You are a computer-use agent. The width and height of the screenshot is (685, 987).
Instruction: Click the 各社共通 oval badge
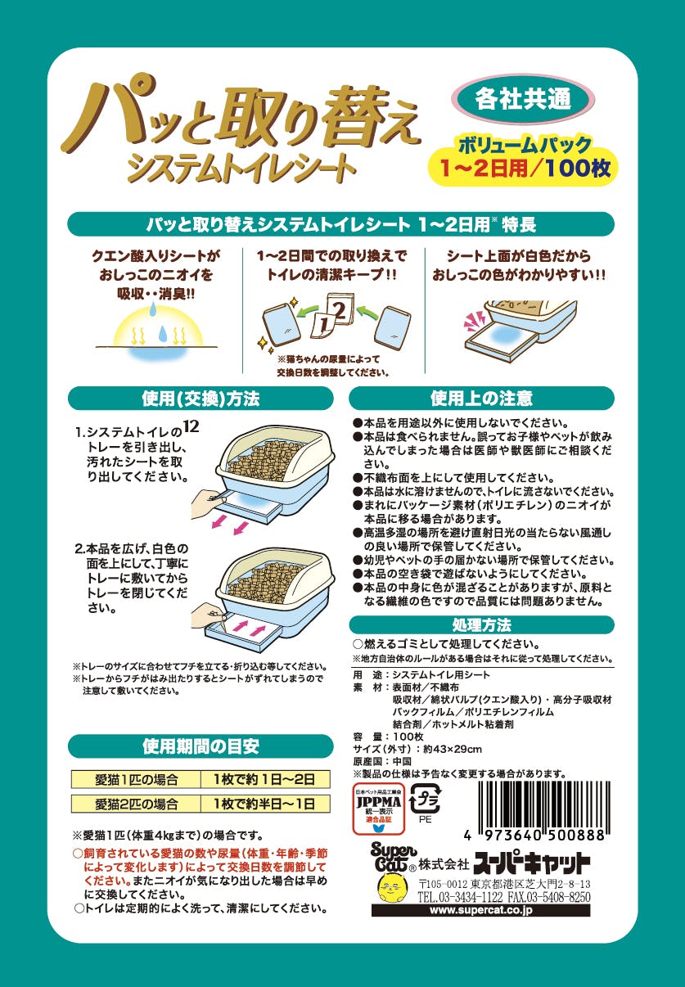click(x=523, y=100)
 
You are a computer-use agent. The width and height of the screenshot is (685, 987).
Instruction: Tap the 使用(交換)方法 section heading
click(x=201, y=399)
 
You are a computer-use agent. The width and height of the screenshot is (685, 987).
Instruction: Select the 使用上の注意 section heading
click(x=481, y=399)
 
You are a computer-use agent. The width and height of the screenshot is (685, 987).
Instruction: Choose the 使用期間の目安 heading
click(x=201, y=746)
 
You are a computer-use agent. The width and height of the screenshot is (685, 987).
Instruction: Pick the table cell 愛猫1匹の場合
click(x=136, y=779)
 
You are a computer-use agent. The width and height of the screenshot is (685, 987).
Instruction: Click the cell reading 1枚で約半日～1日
click(x=265, y=804)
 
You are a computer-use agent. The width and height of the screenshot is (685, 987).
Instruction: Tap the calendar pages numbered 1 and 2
click(x=333, y=317)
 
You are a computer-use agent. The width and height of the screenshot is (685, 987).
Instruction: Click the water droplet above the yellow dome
click(x=152, y=310)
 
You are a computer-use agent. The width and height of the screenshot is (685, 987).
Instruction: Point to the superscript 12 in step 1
click(x=192, y=426)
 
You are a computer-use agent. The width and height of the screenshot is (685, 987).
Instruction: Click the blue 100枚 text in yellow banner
click(x=577, y=169)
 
